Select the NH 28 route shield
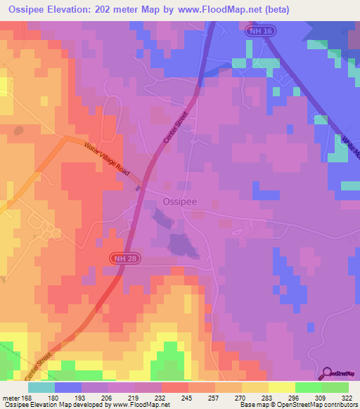122,259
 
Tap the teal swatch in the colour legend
41,387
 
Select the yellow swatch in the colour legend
282,387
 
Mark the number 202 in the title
104,10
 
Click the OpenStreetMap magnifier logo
326,373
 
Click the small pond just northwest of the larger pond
162,221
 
